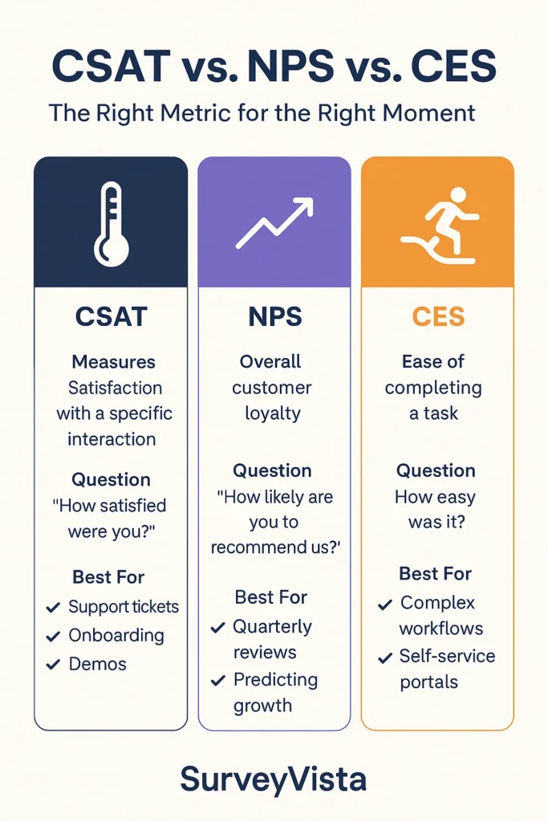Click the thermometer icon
(111, 224)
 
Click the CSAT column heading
(111, 316)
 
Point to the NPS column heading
(274, 316)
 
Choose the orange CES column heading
(438, 316)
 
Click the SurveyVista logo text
(274, 778)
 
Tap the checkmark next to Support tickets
(53, 608)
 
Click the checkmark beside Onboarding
(53, 637)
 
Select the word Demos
(97, 664)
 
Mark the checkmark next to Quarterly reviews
(217, 628)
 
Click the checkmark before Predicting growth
(217, 681)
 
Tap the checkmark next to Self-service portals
(385, 657)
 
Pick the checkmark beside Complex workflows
(385, 604)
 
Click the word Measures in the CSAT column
(113, 362)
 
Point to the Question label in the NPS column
(272, 470)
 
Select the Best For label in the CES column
(435, 574)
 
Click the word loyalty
(273, 413)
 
